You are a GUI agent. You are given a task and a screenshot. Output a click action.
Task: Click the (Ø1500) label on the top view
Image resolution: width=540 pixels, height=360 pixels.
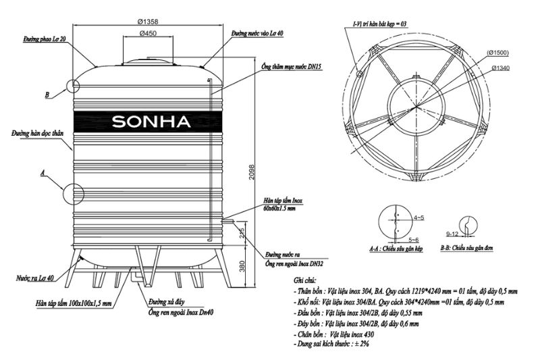coord(496,53)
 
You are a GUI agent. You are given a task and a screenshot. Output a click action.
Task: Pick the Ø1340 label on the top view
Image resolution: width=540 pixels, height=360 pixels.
coord(500,68)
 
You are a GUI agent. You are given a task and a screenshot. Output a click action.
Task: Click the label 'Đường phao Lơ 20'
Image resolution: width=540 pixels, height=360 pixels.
coord(44,41)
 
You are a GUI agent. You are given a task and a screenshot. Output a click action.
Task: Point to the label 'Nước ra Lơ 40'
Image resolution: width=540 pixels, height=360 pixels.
coord(34,278)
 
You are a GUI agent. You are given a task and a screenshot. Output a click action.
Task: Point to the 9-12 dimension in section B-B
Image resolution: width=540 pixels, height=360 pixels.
coord(454,233)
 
